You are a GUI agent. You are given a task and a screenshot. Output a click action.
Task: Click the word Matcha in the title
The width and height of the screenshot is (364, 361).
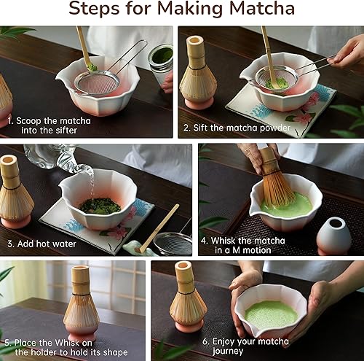[x=258, y=10]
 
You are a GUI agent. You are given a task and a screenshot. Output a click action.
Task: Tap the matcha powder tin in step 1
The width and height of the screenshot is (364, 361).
[x=160, y=58]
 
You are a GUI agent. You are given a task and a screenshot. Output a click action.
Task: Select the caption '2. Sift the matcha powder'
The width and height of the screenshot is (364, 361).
[x=237, y=128]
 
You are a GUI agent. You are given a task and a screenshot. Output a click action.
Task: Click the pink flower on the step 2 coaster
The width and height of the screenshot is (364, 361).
[x=301, y=116]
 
